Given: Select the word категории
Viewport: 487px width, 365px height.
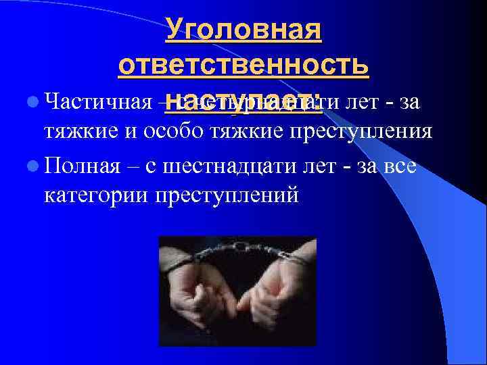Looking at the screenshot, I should (x=93, y=195).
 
